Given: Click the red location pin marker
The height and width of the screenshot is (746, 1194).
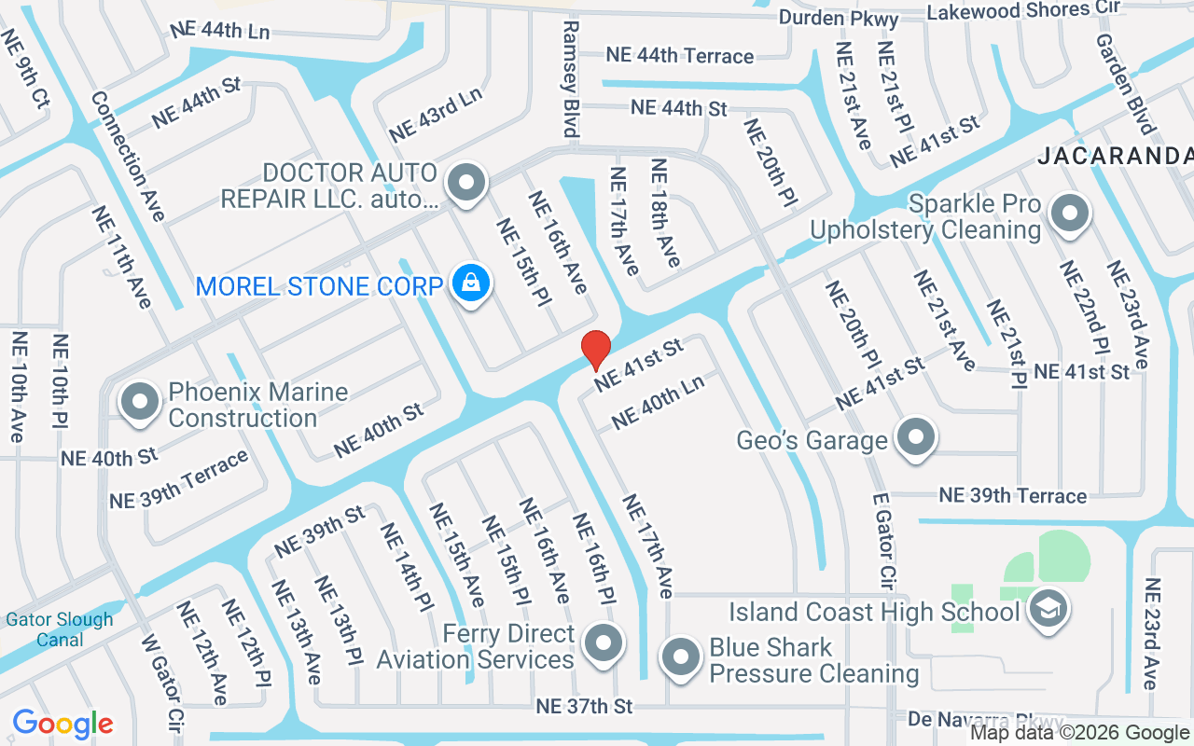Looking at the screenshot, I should [596, 349].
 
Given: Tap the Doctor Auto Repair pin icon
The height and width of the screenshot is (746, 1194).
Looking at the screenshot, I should [465, 183].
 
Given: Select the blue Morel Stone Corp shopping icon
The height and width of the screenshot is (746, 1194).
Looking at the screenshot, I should [472, 283].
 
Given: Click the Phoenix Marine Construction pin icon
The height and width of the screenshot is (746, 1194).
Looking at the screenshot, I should [141, 403].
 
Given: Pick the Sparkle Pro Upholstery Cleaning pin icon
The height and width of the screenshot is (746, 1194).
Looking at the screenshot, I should [1070, 214].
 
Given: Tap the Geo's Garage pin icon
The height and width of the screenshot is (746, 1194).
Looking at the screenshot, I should [915, 437].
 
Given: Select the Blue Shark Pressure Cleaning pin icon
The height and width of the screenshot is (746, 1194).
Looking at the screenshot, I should [681, 657].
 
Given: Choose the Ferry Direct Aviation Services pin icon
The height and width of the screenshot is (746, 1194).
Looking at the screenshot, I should [603, 644].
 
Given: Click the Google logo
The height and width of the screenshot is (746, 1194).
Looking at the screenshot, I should [62, 724].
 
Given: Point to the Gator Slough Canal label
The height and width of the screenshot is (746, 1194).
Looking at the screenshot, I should [60, 629].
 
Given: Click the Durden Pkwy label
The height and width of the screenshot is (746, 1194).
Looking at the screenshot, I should [839, 18].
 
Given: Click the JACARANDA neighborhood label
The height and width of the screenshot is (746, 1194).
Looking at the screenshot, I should [1114, 156].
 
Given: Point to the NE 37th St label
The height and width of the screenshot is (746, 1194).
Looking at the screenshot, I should [584, 706].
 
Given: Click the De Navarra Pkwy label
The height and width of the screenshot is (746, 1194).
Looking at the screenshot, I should [986, 721].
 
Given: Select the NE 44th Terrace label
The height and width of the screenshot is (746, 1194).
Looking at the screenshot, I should [679, 55].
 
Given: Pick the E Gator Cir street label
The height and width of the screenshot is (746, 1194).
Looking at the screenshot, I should [884, 541].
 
